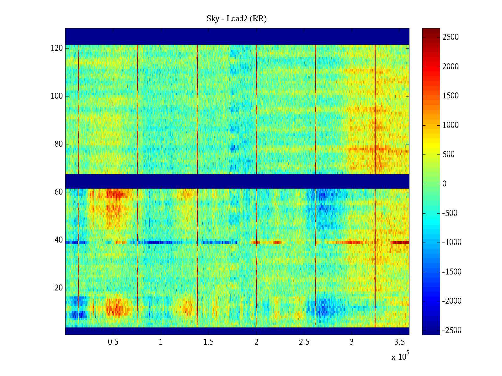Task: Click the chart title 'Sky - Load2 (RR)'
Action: [x=237, y=19]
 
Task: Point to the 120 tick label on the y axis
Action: [x=57, y=48]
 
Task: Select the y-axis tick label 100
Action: [x=57, y=96]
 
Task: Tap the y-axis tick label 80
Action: [x=59, y=144]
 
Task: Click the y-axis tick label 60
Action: [x=59, y=192]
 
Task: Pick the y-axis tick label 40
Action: [x=59, y=240]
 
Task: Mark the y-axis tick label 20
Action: [x=59, y=288]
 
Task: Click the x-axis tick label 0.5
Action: [x=113, y=342]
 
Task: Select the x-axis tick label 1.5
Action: [x=209, y=342]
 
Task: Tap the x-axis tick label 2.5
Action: [x=304, y=342]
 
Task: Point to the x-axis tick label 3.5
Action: [x=399, y=342]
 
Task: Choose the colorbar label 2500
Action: [x=451, y=37]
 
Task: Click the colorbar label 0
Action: [x=444, y=184]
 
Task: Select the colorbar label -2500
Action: [x=452, y=331]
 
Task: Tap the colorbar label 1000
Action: [x=451, y=125]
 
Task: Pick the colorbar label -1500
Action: [x=452, y=272]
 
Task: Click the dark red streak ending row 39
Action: [x=400, y=242]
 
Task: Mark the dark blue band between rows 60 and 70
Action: [x=237, y=181]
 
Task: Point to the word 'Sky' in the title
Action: [x=212, y=19]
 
